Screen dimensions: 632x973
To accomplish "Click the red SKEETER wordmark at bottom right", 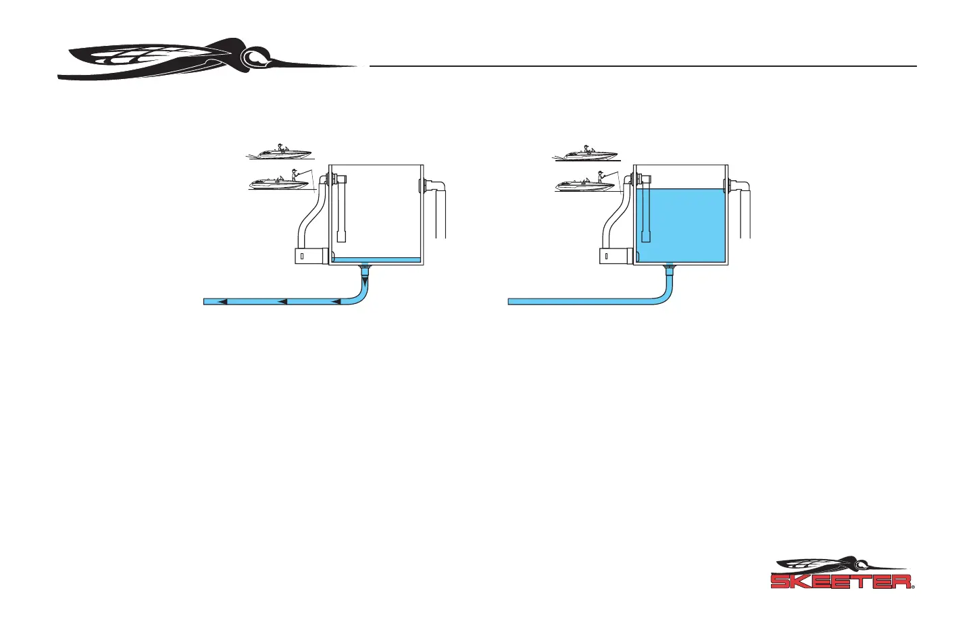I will coord(841,581).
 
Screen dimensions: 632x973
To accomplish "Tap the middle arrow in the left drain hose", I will coord(282,301).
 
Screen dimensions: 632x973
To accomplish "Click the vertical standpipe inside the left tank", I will coord(342,209).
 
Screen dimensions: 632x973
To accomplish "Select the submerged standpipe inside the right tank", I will coord(646,209).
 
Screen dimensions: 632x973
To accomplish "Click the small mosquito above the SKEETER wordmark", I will coord(838,562).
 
